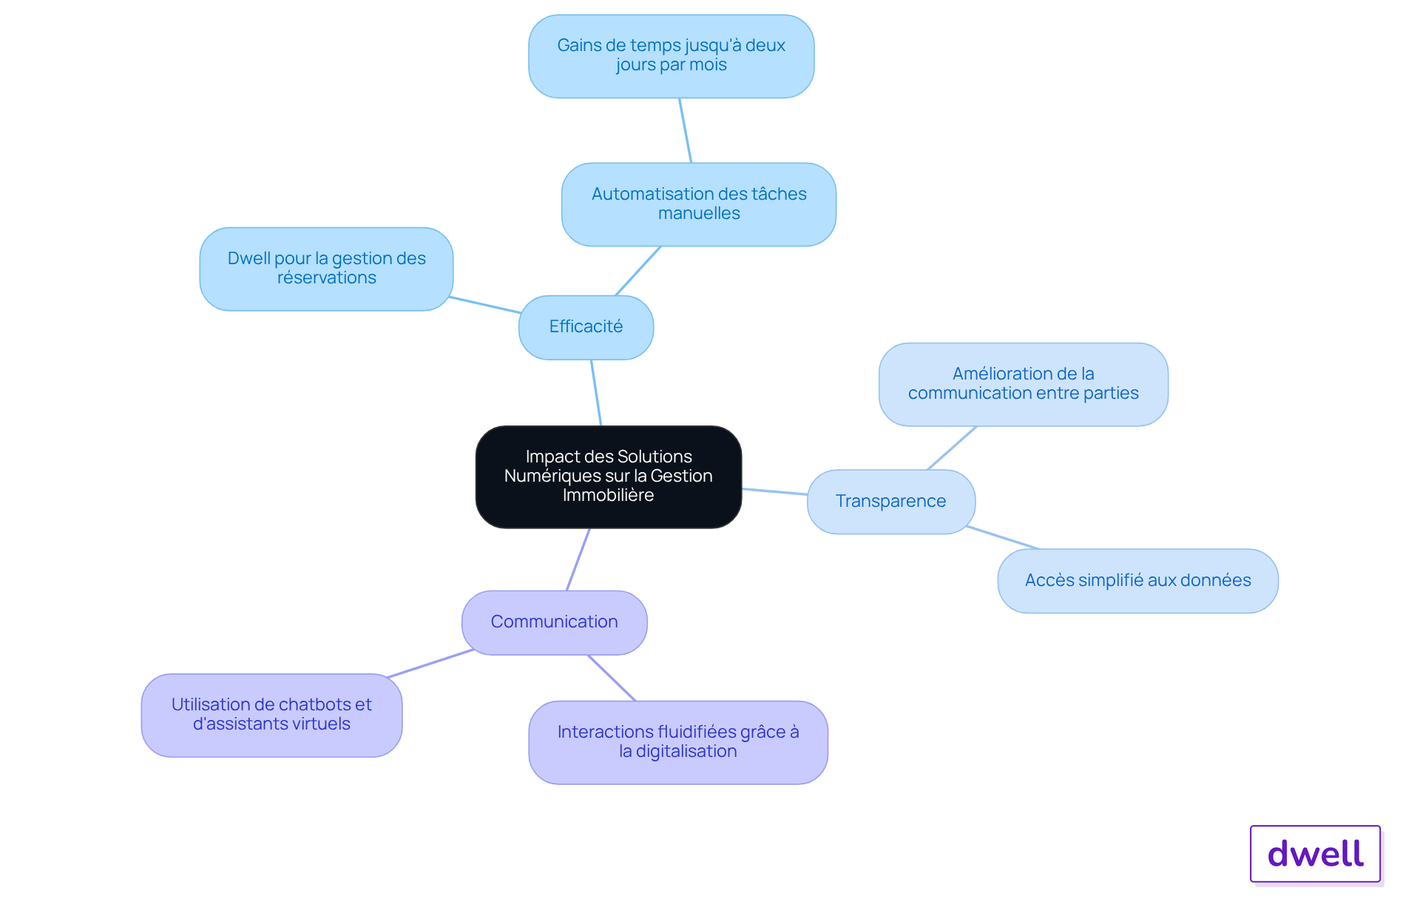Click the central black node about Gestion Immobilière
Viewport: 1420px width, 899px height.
pyautogui.click(x=609, y=477)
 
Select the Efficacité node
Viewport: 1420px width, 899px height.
pyautogui.click(x=586, y=327)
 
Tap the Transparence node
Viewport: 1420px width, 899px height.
pyautogui.click(x=891, y=502)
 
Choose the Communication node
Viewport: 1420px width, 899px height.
pyautogui.click(x=555, y=622)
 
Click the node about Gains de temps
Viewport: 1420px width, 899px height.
pyautogui.click(x=672, y=55)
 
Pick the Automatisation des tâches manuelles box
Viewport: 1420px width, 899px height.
pyautogui.click(x=699, y=204)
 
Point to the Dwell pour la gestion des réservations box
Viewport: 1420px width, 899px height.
pyautogui.click(x=326, y=269)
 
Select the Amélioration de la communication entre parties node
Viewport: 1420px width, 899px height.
pyautogui.click(x=1024, y=384)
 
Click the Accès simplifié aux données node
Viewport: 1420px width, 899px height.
pyautogui.click(x=1138, y=581)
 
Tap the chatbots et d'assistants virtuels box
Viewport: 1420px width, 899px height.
pyautogui.click(x=271, y=715)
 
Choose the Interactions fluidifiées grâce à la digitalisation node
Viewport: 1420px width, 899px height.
pyautogui.click(x=678, y=742)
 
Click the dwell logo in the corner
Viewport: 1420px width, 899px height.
pyautogui.click(x=1316, y=854)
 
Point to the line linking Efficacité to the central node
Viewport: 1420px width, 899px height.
pyautogui.click(x=596, y=393)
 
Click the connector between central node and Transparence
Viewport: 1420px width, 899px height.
pyautogui.click(x=774, y=491)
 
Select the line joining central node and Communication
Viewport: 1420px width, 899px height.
pyautogui.click(x=578, y=559)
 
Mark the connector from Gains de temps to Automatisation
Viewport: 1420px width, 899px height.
pyautogui.click(x=686, y=130)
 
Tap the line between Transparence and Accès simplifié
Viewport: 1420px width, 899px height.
pyautogui.click(x=1002, y=538)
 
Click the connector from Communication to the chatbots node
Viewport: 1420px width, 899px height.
pyautogui.click(x=430, y=664)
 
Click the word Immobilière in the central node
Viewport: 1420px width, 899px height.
pyautogui.click(x=608, y=495)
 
